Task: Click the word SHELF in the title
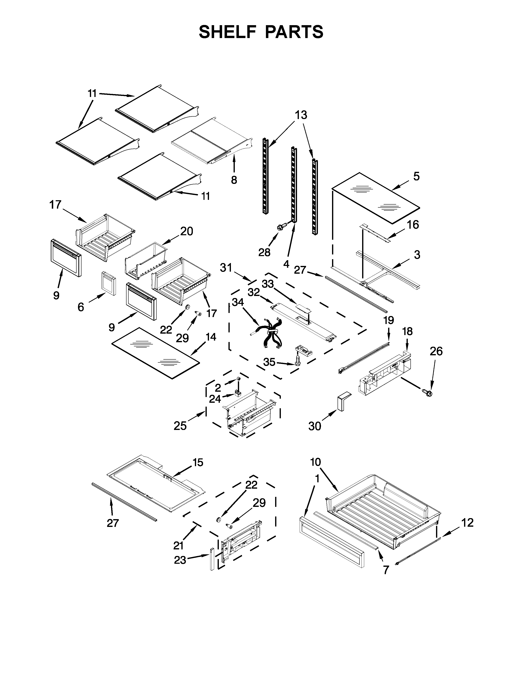click(228, 32)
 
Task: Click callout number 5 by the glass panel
click(416, 177)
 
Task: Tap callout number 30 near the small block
click(314, 426)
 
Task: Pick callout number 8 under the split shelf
click(234, 180)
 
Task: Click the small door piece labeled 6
click(109, 284)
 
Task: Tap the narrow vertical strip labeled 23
click(212, 559)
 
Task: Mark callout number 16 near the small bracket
click(413, 225)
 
